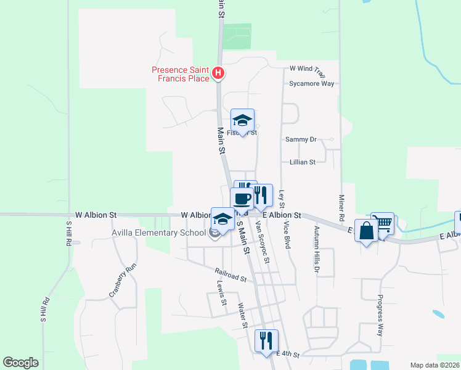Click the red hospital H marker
pyautogui.click(x=218, y=74)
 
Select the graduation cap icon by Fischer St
pyautogui.click(x=242, y=120)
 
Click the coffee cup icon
pyautogui.click(x=242, y=199)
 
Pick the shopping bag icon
pyautogui.click(x=366, y=231)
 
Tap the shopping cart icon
pyautogui.click(x=383, y=222)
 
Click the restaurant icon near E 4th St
pyautogui.click(x=266, y=340)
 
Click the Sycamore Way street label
pyautogui.click(x=312, y=83)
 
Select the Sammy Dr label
pyautogui.click(x=301, y=140)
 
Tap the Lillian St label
pyautogui.click(x=303, y=162)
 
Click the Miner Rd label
pyautogui.click(x=341, y=208)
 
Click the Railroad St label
pyautogui.click(x=230, y=274)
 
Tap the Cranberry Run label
pyautogui.click(x=122, y=281)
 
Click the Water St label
pyautogui.click(x=242, y=315)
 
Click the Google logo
pyautogui.click(x=20, y=363)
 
